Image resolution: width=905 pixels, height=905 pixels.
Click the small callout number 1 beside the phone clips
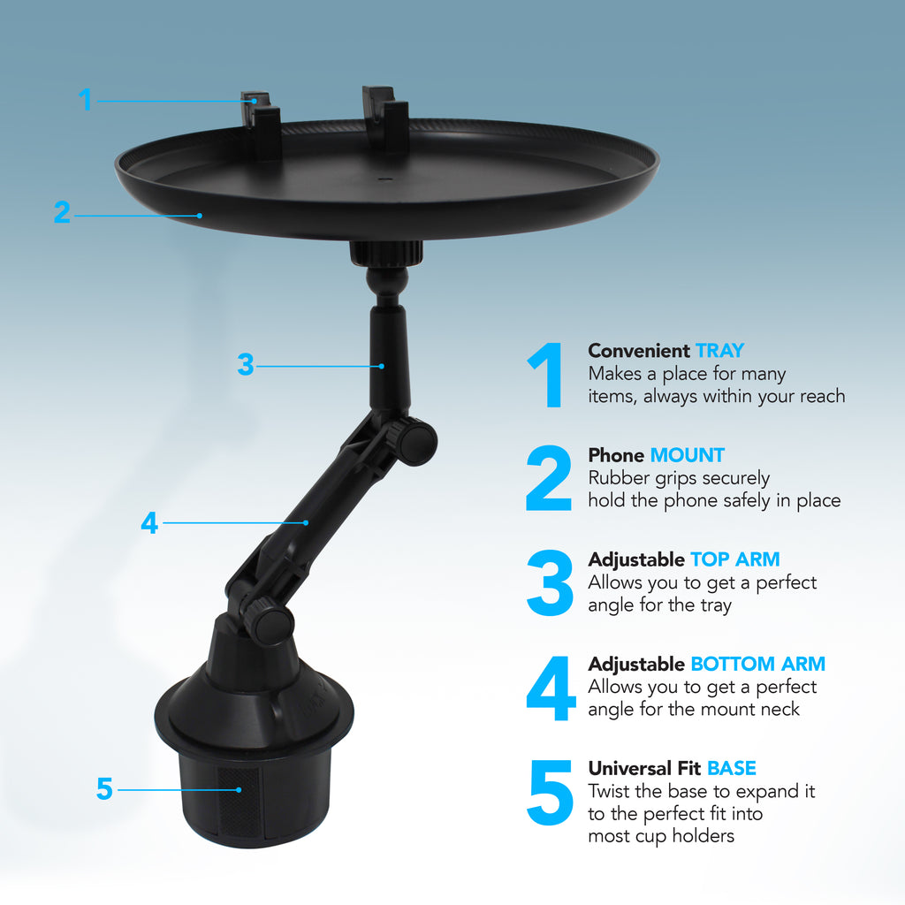pyautogui.click(x=85, y=100)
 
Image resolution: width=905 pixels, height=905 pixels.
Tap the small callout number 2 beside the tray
pyautogui.click(x=61, y=212)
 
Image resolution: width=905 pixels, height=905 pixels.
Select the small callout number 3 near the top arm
pyautogui.click(x=246, y=364)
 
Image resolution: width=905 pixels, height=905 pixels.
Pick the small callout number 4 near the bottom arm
pyautogui.click(x=148, y=522)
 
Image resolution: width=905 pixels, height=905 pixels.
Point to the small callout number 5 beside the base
pyautogui.click(x=104, y=788)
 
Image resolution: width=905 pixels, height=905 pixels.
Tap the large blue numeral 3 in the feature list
pyautogui.click(x=550, y=583)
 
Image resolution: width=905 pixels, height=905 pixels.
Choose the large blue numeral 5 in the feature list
pyautogui.click(x=550, y=793)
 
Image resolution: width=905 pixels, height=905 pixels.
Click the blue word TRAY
pyautogui.click(x=719, y=351)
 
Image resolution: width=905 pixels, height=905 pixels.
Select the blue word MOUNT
pyautogui.click(x=687, y=455)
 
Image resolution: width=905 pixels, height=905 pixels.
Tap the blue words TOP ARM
pyautogui.click(x=734, y=559)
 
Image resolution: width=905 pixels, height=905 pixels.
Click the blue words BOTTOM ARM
pyautogui.click(x=757, y=664)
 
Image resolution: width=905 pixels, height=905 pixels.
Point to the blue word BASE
pyautogui.click(x=731, y=768)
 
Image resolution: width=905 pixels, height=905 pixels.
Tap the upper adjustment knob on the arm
pyautogui.click(x=414, y=439)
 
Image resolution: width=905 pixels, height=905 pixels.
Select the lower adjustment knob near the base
pyautogui.click(x=268, y=623)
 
